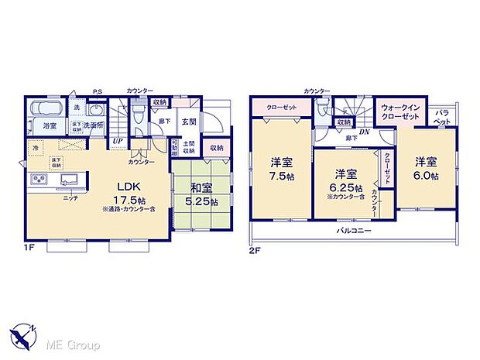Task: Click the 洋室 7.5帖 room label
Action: tap(281, 163)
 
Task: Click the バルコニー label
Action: tap(352, 231)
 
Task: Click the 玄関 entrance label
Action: tap(189, 122)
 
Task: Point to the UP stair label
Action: tap(117, 141)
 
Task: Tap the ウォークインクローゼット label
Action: tap(399, 111)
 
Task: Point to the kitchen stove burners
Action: tap(38, 181)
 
